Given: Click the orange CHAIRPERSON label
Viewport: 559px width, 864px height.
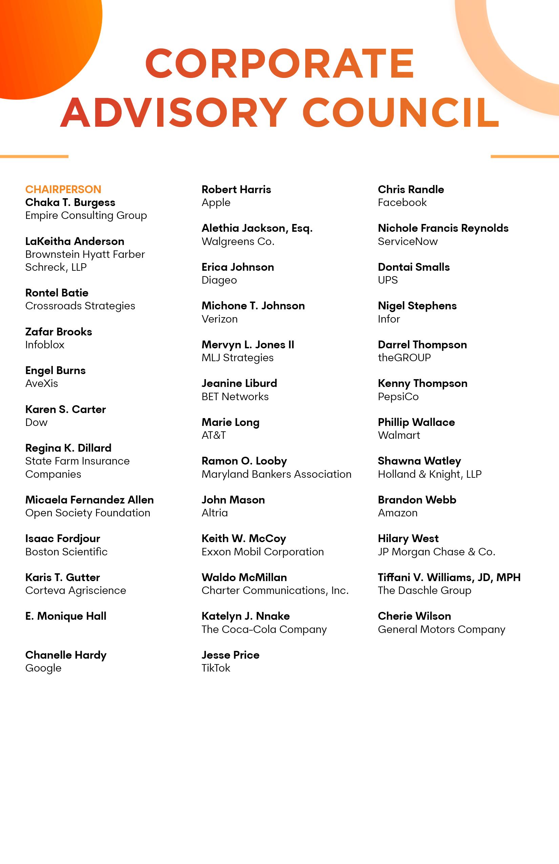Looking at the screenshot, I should coord(63,189).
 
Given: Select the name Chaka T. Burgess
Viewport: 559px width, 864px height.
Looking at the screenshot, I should coord(70,202).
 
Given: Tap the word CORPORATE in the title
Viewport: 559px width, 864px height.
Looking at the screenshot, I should coord(279,64).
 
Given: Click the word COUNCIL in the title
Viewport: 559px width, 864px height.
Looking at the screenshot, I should coord(401,112).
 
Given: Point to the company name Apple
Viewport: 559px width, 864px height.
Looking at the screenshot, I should coord(216,203).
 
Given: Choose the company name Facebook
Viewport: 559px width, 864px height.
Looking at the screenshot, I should coord(402,203).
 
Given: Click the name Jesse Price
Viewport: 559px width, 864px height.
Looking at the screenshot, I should coord(230,655).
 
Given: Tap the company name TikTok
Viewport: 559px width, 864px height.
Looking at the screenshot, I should coord(216,668).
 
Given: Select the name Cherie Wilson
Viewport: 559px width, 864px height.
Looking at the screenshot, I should coord(414,616).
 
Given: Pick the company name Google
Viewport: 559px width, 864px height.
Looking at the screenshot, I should coord(43,668).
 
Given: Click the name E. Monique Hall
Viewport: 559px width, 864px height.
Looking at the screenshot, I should coord(66,616).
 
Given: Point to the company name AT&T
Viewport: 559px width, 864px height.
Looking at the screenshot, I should coord(214,435).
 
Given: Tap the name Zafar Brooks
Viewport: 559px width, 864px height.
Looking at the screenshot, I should coord(58,332).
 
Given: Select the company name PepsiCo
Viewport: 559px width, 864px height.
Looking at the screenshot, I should coord(398,396).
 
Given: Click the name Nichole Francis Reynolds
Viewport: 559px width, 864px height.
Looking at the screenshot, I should coord(443,228).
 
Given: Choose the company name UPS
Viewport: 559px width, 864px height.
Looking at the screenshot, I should coord(388,280).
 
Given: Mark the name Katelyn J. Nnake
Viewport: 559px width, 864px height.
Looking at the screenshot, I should coord(246,616).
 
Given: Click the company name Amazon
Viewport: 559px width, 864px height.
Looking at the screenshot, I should coord(397,513).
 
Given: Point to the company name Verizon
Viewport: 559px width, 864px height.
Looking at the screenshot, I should coord(220,319).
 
